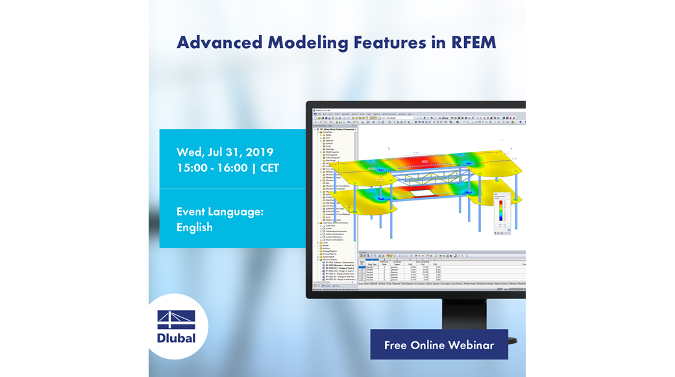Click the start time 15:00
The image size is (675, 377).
(193, 168)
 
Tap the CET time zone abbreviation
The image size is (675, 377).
(269, 168)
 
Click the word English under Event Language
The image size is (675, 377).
(194, 227)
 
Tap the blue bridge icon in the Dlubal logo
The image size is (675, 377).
(176, 319)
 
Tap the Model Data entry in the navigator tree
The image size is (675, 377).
(332, 132)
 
